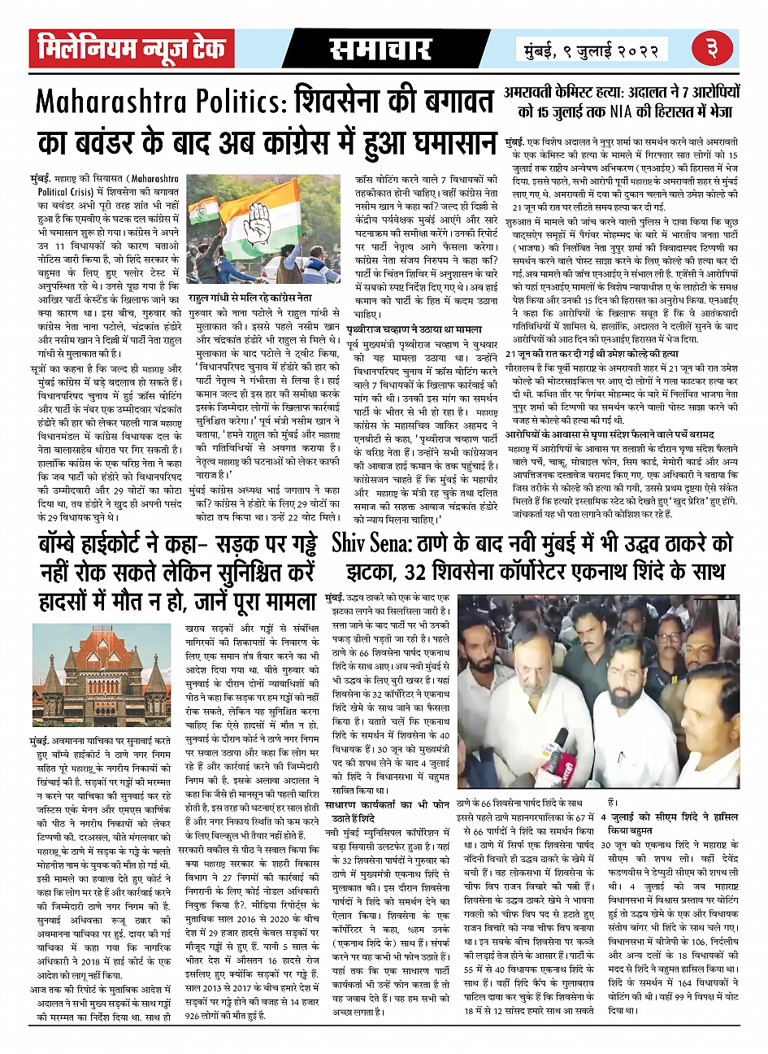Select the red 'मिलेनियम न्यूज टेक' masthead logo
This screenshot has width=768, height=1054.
pyautogui.click(x=131, y=49)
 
